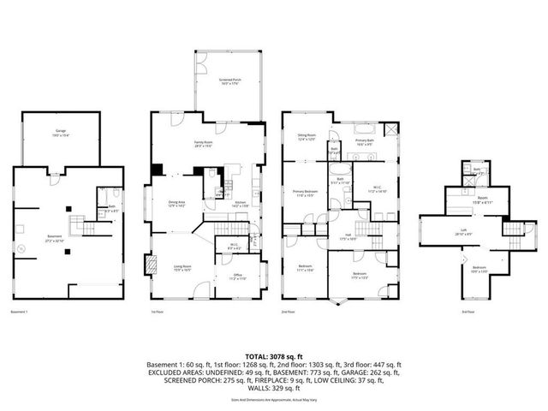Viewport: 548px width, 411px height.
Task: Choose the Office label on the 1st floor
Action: point(236,277)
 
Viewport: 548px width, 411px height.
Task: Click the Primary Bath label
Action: point(364,143)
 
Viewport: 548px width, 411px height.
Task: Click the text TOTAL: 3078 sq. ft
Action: point(274,354)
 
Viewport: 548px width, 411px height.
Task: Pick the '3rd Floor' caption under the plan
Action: point(468,312)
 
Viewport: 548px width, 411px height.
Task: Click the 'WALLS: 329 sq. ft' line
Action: point(274,388)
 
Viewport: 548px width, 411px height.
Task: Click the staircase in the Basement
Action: point(78,226)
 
